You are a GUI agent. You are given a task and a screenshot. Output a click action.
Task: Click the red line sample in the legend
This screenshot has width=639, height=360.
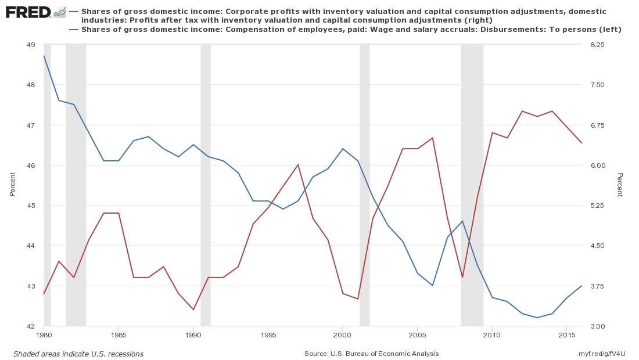click(74, 12)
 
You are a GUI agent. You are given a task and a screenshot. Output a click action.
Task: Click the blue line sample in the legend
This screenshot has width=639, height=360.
click(74, 30)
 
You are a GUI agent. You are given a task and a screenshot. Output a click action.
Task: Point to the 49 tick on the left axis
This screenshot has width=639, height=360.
click(31, 45)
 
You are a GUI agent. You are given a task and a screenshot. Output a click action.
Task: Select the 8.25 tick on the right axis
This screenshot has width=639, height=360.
click(597, 45)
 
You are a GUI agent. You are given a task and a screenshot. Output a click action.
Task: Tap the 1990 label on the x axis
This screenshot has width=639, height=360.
click(193, 335)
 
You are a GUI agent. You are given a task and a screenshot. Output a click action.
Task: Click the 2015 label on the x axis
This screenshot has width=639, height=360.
click(566, 335)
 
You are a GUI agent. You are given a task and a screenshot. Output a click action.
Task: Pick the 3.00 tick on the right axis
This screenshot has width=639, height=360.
click(597, 326)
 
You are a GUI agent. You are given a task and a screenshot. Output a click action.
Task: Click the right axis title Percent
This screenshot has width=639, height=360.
click(620, 185)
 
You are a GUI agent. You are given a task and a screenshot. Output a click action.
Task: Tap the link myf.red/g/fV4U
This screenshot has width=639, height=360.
click(602, 354)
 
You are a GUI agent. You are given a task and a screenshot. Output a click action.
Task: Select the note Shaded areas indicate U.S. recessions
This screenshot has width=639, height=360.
click(78, 354)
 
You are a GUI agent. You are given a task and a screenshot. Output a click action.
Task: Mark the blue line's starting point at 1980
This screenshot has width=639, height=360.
click(44, 56)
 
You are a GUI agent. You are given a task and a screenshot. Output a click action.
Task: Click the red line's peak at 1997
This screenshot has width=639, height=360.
click(297, 164)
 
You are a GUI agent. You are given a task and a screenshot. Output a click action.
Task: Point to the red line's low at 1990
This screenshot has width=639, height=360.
click(193, 309)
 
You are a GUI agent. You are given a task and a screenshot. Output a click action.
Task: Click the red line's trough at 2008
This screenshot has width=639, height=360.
click(462, 277)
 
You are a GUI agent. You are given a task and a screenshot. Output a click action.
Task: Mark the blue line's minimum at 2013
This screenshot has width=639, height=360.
click(537, 318)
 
